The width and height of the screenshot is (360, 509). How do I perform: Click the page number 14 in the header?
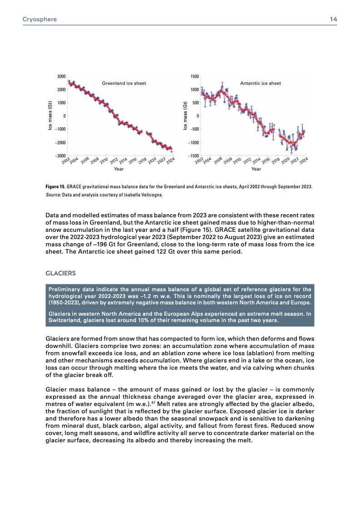pyautogui.click(x=333, y=20)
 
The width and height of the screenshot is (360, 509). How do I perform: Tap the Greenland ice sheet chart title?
pyautogui.click(x=123, y=83)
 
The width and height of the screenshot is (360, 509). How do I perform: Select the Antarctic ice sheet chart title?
pyautogui.click(x=260, y=83)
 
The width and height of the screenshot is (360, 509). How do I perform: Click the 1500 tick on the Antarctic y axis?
pyautogui.click(x=194, y=76)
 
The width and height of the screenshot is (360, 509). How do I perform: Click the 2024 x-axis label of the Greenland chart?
pyautogui.click(x=170, y=161)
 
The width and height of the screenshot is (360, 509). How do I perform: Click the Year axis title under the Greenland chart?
pyautogui.click(x=119, y=169)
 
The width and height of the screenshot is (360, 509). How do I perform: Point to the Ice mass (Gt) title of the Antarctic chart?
pyautogui.click(x=185, y=116)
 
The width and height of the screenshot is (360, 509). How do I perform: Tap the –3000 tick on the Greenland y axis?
pyautogui.click(x=60, y=156)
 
